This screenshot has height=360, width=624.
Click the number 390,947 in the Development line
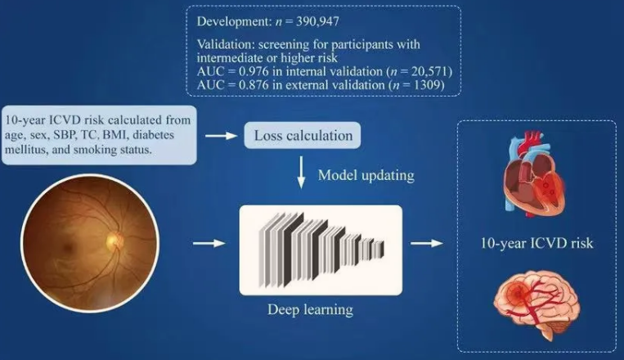[317, 21]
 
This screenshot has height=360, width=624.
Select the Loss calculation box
[303, 135]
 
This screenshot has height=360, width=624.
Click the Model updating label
[366, 175]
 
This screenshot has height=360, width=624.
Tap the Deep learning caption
[310, 310]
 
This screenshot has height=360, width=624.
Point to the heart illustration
[534, 174]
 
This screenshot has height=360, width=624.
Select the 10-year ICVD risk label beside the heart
[536, 243]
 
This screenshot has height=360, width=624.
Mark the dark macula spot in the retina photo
[69, 247]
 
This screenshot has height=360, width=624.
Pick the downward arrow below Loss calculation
[301, 173]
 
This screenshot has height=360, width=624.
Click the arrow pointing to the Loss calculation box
[222, 136]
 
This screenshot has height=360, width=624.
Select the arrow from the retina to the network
[209, 243]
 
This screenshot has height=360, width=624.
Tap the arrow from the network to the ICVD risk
[427, 242]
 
